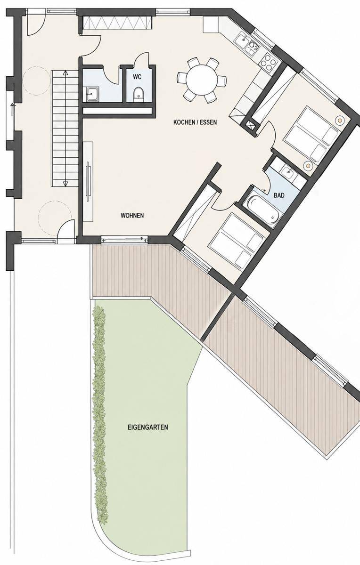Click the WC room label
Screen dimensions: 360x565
click(x=137, y=77)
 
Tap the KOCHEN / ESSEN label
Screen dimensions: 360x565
click(x=195, y=122)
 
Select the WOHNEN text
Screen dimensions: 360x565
click(x=132, y=216)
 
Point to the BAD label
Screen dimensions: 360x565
click(x=279, y=195)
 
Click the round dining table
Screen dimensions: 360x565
click(x=202, y=80)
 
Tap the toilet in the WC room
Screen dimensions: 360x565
click(x=139, y=94)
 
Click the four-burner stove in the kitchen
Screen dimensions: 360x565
click(x=268, y=62)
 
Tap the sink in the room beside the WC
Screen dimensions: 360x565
click(x=91, y=94)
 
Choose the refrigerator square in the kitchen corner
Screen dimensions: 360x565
click(x=211, y=24)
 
